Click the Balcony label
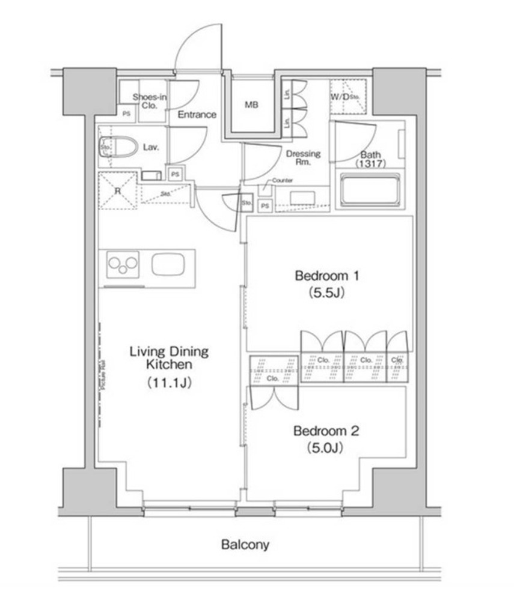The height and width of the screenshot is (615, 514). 245,545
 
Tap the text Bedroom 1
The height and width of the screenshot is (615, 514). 326,276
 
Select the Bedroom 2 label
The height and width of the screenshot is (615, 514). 326,431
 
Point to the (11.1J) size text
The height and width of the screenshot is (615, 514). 169,382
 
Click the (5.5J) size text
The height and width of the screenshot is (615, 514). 326,294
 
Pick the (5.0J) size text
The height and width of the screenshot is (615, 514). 326,448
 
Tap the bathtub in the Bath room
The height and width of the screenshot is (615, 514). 370,190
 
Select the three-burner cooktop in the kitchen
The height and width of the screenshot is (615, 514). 123,264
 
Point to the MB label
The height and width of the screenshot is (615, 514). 251,105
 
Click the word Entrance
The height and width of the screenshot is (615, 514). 197,115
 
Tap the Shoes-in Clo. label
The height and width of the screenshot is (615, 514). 149,101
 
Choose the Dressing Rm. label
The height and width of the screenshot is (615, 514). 303,158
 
